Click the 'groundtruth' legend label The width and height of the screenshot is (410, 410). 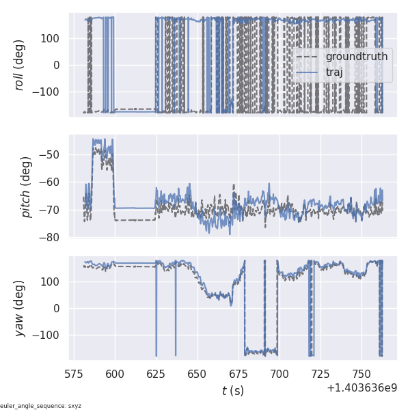357,56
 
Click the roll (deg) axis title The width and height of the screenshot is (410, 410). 21,64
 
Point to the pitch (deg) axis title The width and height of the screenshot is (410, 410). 26,187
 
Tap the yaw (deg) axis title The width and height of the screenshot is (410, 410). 21,308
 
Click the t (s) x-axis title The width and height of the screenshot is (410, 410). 232,391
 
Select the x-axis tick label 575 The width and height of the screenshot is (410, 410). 74,374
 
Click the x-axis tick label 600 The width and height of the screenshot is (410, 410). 115,374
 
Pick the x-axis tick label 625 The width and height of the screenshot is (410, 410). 156,374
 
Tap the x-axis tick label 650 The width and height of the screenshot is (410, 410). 197,374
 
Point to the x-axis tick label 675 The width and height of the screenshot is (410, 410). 238,374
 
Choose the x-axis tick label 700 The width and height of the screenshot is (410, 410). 279,374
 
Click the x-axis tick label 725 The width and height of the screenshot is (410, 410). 320,374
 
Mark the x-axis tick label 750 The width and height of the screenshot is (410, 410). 361,374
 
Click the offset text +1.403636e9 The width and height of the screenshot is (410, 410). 361,387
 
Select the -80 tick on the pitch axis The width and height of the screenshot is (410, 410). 53,238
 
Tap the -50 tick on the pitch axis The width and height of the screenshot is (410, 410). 53,154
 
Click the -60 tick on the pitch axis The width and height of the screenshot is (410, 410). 53,182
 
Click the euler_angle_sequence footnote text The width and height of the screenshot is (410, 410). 41,406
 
